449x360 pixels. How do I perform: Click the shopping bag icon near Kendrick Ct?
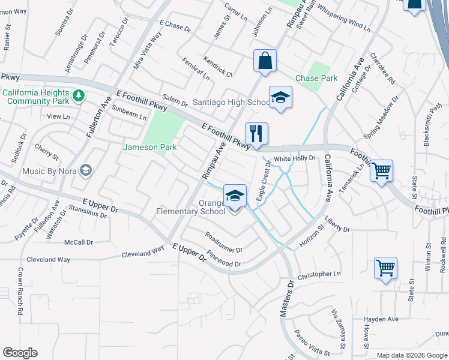tap(264, 61)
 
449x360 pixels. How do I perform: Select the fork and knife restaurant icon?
tap(256, 134)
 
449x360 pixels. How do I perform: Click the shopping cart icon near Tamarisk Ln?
tap(382, 172)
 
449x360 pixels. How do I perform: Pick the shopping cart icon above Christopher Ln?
tap(385, 268)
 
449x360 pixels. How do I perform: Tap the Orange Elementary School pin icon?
tap(235, 196)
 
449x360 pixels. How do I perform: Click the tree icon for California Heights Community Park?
tap(78, 95)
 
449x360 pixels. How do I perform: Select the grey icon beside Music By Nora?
tap(86, 171)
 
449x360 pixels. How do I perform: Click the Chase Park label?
tap(316, 78)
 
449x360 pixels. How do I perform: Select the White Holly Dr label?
tap(294, 158)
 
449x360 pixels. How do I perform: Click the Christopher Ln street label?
tap(318, 274)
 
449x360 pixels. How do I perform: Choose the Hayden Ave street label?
tap(381, 319)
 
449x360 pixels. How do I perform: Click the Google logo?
tap(20, 353)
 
